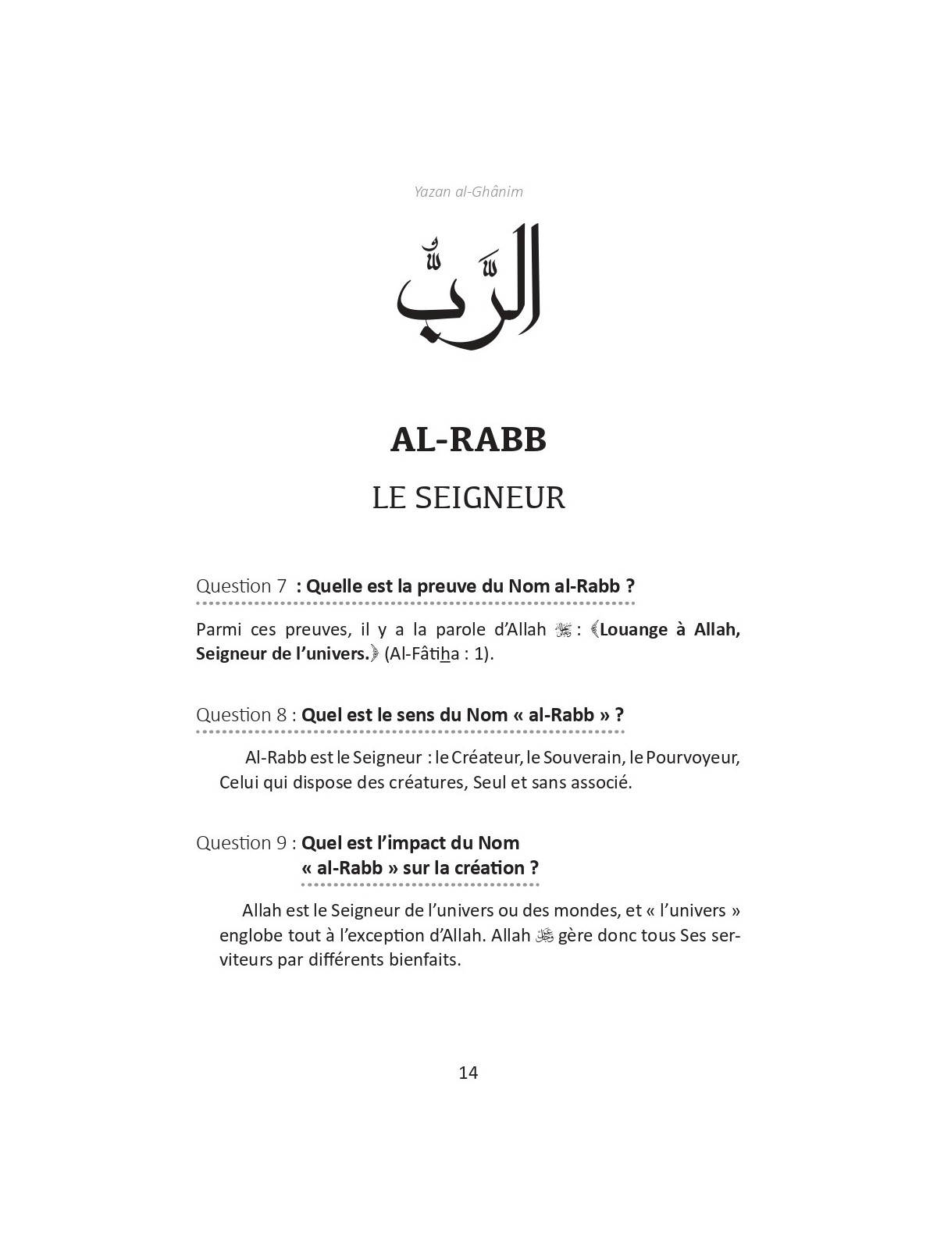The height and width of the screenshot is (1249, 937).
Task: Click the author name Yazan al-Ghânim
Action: [x=468, y=191]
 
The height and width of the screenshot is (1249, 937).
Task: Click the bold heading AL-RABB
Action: [x=468, y=440]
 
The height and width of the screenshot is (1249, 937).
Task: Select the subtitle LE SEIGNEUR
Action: [x=468, y=497]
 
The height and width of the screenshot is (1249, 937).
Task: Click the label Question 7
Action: [x=241, y=586]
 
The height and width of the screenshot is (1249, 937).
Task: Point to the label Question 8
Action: [x=241, y=714]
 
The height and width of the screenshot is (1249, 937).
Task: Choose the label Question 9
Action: [x=241, y=843]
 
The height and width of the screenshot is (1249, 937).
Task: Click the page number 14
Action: [x=468, y=1073]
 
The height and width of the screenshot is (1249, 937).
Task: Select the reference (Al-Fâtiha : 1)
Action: [x=439, y=654]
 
